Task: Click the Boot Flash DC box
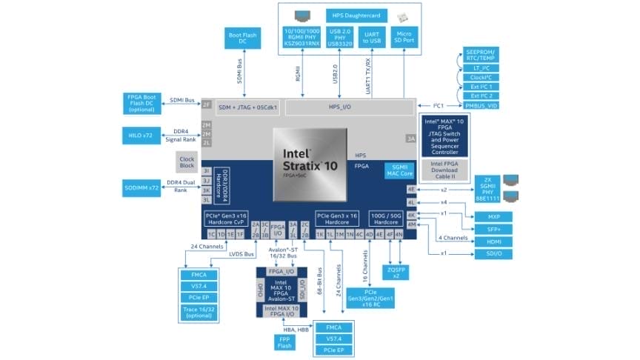pos(241,39)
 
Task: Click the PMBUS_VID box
pos(481,106)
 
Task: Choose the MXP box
pos(493,217)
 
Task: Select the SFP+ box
pos(493,229)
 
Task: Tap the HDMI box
pos(493,241)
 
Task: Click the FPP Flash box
pos(283,342)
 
